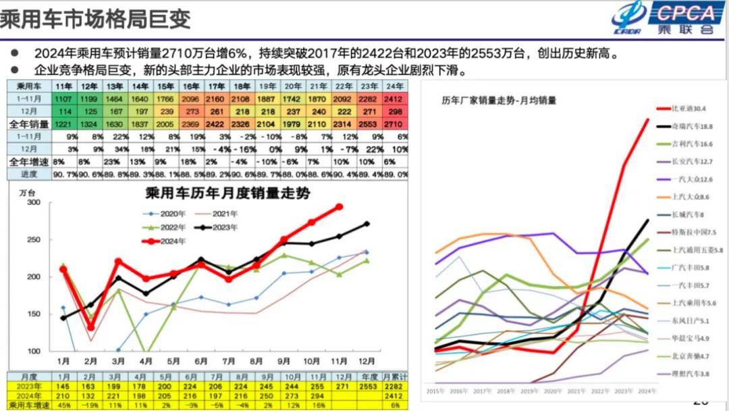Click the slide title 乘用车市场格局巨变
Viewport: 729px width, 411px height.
coord(95,18)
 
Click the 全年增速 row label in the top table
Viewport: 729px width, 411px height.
coord(28,162)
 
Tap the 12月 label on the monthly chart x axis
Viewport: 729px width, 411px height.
coord(367,361)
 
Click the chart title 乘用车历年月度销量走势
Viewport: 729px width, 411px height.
coord(227,193)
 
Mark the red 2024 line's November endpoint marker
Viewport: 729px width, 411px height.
coord(340,207)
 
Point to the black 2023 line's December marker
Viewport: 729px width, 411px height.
coord(367,224)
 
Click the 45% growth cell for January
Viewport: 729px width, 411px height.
coord(63,405)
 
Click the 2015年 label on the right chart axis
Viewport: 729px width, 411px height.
coord(437,391)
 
